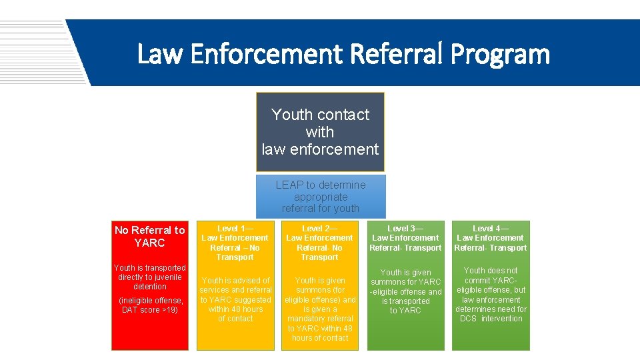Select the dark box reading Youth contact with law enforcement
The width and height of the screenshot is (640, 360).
[x=320, y=132]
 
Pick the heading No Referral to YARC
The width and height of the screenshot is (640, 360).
[x=150, y=236]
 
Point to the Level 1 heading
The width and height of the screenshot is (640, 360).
[x=235, y=229]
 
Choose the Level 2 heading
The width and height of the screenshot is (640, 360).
[x=319, y=229]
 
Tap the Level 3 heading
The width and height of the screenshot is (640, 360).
[x=405, y=229]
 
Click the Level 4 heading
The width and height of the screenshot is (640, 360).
[x=490, y=229]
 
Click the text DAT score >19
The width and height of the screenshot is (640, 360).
[x=150, y=310]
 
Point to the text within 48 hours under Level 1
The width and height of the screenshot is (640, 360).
[x=235, y=309]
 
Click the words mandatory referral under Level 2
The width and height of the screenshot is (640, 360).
[x=320, y=319]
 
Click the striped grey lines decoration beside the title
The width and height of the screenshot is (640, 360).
[x=33, y=50]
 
